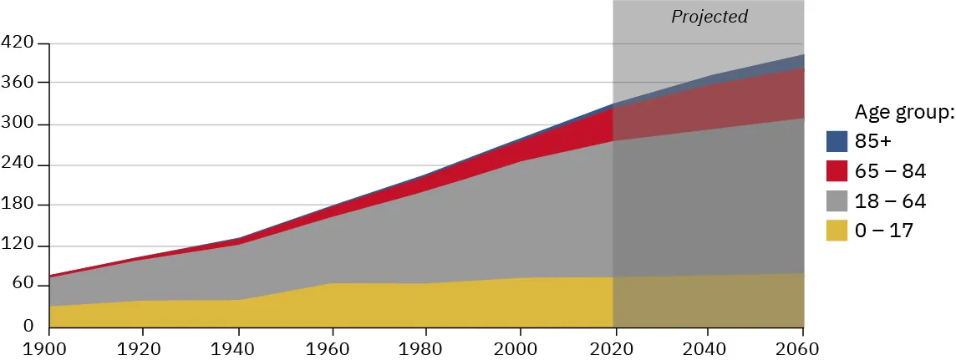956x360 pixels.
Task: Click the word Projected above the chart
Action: point(709,17)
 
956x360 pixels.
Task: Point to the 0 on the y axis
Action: point(28,326)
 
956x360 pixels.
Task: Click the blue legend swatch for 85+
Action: point(837,141)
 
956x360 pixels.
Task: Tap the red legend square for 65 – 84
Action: point(837,171)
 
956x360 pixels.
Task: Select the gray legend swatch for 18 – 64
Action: point(837,201)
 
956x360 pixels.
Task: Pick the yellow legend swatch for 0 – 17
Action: point(837,231)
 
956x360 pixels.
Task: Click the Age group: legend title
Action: point(903,112)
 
